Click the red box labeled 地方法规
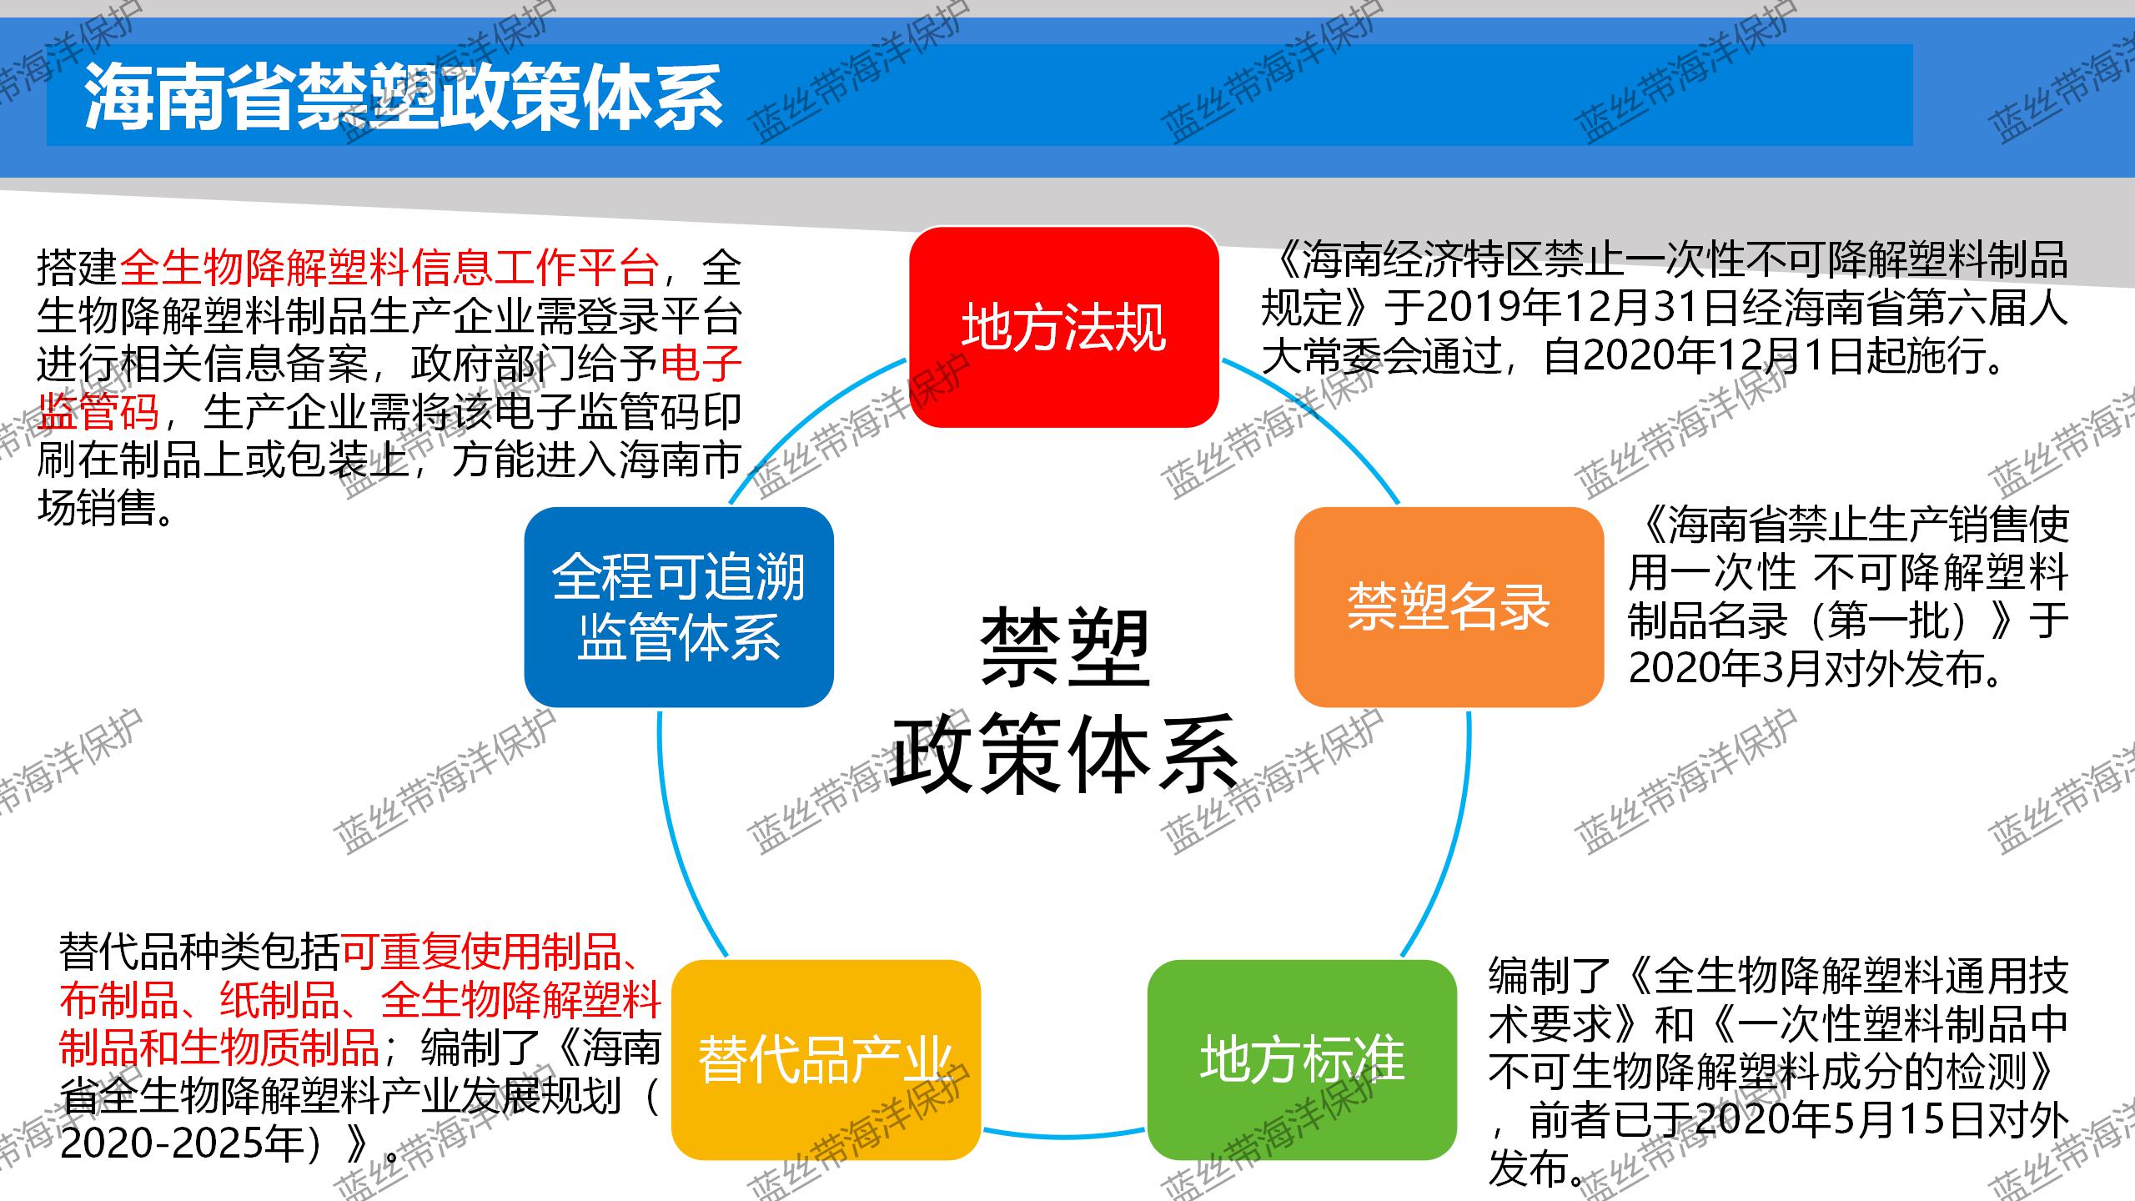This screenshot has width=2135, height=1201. (x=1063, y=327)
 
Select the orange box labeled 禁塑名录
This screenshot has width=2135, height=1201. (x=1449, y=607)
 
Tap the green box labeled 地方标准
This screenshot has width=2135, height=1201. (x=1302, y=1059)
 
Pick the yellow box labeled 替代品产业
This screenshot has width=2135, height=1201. (x=826, y=1059)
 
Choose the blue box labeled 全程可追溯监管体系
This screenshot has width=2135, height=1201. (x=679, y=607)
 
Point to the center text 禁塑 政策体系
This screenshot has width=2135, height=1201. (x=1064, y=701)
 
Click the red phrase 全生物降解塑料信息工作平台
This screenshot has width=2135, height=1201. (x=390, y=267)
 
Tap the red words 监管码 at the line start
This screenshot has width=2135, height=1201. (x=98, y=411)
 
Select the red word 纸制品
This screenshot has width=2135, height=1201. (x=280, y=1000)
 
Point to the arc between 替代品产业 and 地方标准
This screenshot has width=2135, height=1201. (x=1064, y=1136)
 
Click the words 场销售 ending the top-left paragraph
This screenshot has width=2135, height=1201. (x=98, y=508)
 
